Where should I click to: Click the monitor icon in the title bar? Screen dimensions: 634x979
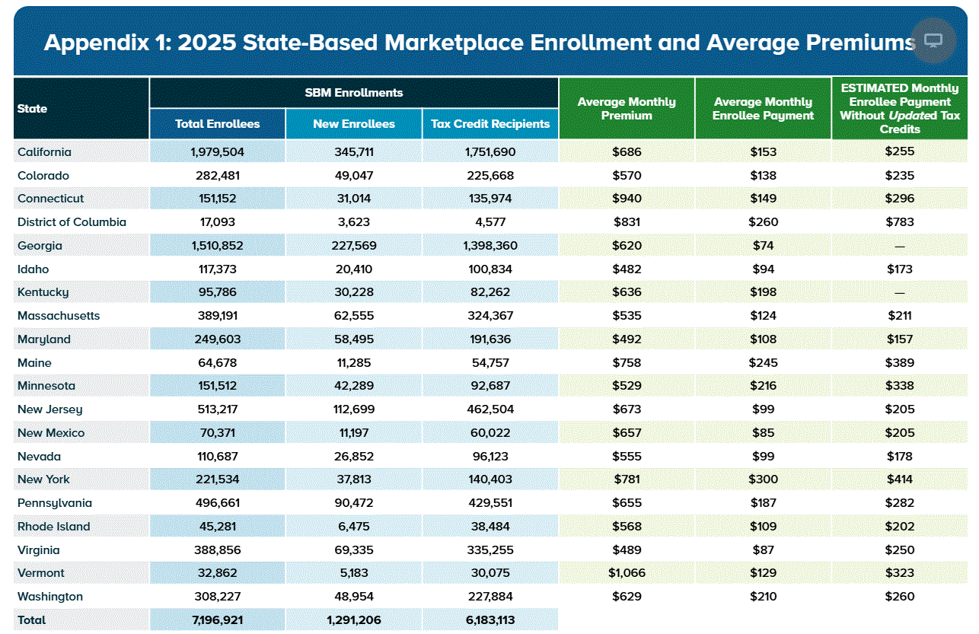(933, 40)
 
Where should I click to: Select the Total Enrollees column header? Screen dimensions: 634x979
(217, 123)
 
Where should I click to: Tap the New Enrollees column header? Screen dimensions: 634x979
(354, 123)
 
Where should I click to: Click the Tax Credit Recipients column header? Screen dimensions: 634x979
(490, 123)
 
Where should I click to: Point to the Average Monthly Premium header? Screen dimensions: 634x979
(627, 108)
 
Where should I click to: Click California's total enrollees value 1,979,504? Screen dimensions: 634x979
(217, 151)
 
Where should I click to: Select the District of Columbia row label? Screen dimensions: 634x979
(72, 222)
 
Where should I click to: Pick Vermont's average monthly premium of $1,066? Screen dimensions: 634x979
(627, 573)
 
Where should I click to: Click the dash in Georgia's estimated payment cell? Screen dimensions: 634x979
(900, 246)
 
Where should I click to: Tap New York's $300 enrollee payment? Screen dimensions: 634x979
(763, 479)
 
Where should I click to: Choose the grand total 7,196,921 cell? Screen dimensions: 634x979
(217, 620)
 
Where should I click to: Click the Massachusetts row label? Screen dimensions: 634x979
(59, 316)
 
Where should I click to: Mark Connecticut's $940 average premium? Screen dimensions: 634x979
(627, 199)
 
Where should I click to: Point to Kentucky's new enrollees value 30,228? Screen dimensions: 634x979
(354, 292)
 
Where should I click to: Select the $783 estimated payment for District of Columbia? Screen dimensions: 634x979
(900, 222)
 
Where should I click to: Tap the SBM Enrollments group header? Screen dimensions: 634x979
(354, 93)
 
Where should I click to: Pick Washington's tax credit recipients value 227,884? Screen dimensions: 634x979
(490, 597)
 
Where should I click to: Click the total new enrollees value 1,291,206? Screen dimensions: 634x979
(354, 620)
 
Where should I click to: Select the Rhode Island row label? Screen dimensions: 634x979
(53, 527)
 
